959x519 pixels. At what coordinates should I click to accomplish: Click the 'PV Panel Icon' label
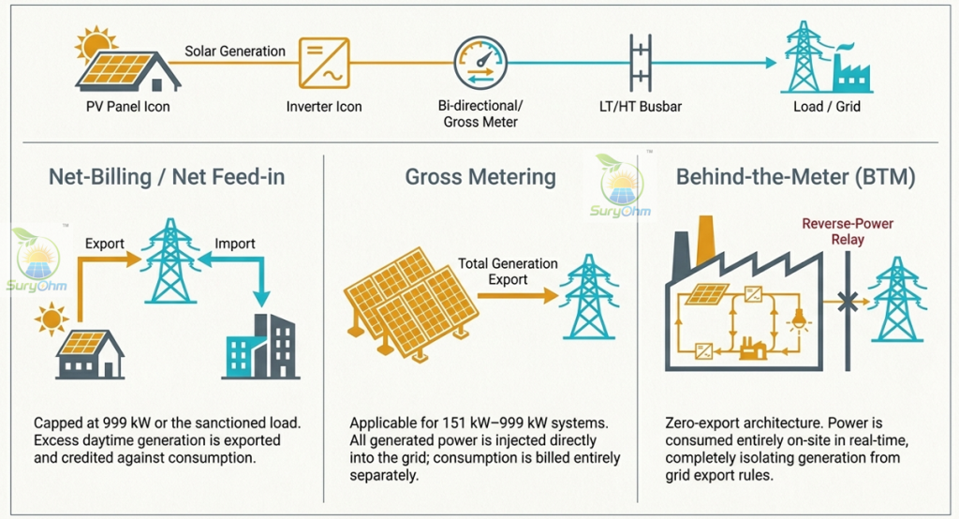pos(127,107)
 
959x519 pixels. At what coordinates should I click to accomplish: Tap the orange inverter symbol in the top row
pos(324,63)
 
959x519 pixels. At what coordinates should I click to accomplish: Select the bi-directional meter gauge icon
pos(480,63)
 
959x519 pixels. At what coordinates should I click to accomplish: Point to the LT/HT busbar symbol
pos(641,63)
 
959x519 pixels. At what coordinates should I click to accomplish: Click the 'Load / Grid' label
pos(827,107)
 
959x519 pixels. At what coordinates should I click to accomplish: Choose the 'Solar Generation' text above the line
pos(235,52)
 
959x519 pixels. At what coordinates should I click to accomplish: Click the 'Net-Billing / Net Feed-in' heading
pos(167,177)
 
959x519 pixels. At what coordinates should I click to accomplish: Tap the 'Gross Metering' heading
pos(480,177)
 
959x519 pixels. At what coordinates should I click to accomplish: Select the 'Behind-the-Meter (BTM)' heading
pos(796,177)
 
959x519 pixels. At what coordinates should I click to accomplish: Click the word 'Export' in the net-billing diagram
pos(105,244)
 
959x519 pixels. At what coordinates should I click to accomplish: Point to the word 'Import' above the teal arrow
pos(235,244)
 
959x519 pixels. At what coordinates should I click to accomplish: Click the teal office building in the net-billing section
pos(261,347)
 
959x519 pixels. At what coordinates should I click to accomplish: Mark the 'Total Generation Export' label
pos(508,272)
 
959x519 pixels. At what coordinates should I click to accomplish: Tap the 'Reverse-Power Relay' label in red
pos(848,231)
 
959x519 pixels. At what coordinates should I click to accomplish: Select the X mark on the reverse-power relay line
pos(848,302)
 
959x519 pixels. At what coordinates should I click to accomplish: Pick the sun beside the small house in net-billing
pos(51,319)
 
